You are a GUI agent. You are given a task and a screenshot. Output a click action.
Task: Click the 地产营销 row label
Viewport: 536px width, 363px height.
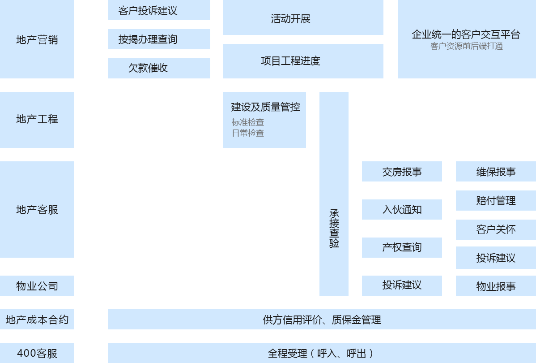pyautogui.click(x=37, y=39)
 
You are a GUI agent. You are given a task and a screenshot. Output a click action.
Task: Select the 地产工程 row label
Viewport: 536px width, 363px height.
pyautogui.click(x=37, y=119)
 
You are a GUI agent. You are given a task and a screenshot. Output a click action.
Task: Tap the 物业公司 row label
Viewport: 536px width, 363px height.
pyautogui.click(x=37, y=286)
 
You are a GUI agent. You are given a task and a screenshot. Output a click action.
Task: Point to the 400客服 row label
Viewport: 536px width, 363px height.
pyautogui.click(x=37, y=353)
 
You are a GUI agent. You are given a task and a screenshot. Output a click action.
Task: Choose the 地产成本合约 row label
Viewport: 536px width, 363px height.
pyautogui.click(x=37, y=320)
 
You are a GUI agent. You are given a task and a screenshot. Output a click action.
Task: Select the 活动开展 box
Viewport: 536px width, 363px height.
pyautogui.click(x=303, y=19)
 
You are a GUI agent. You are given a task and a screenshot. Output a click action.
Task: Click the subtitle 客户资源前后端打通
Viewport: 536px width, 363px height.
pyautogui.click(x=466, y=46)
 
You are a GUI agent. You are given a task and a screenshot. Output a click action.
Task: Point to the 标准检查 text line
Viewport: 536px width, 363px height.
pyautogui.click(x=248, y=122)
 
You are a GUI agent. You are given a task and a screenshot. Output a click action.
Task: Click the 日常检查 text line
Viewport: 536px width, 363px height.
pyautogui.click(x=248, y=133)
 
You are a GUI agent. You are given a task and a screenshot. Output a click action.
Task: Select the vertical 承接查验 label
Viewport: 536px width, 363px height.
pyautogui.click(x=334, y=229)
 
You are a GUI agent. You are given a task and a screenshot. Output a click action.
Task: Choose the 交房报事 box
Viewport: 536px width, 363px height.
pyautogui.click(x=402, y=172)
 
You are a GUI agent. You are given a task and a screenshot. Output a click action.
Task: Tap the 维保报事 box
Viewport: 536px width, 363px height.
pyautogui.click(x=496, y=172)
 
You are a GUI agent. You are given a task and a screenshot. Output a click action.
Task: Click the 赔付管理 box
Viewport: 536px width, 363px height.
pyautogui.click(x=496, y=200)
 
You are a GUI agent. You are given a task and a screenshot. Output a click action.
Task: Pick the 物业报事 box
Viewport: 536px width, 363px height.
pyautogui.click(x=496, y=286)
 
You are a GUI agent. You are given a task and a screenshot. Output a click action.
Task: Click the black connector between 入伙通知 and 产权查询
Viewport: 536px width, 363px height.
pyautogui.click(x=400, y=229)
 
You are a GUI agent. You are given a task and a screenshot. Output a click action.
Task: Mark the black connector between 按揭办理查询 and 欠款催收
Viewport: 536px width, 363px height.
pyautogui.click(x=146, y=54)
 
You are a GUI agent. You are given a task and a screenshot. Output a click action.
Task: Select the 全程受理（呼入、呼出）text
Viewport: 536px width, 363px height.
pyautogui.click(x=321, y=353)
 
